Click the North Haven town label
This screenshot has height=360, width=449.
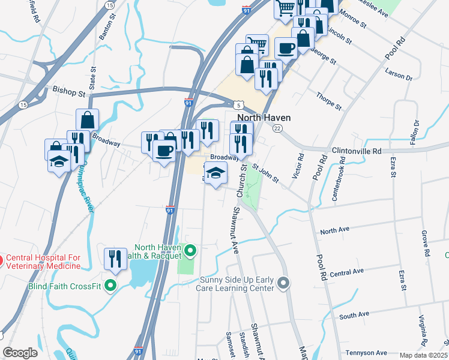264,118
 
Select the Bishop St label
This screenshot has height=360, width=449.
69,93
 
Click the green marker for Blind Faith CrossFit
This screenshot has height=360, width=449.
110,286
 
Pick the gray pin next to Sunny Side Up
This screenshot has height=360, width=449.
284,281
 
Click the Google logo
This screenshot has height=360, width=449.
20,352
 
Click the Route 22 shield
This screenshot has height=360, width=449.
277,128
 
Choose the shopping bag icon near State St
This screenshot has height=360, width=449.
87,119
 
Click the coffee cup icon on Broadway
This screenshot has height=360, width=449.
164,150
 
